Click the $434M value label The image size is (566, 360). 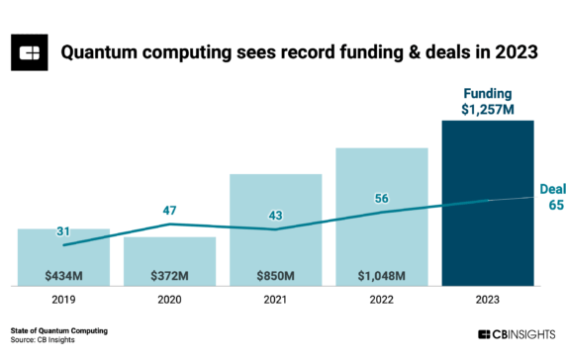coord(63,274)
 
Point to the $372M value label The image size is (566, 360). coord(169,274)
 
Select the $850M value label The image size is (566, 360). coord(275,274)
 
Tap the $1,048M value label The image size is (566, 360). coord(381,274)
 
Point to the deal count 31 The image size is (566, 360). coord(63,230)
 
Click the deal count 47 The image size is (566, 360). coord(169,210)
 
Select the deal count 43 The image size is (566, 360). coord(275,216)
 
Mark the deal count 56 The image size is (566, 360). coord(381,198)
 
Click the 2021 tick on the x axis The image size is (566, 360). coord(275,300)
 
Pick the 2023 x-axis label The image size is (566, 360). coord(487,300)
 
